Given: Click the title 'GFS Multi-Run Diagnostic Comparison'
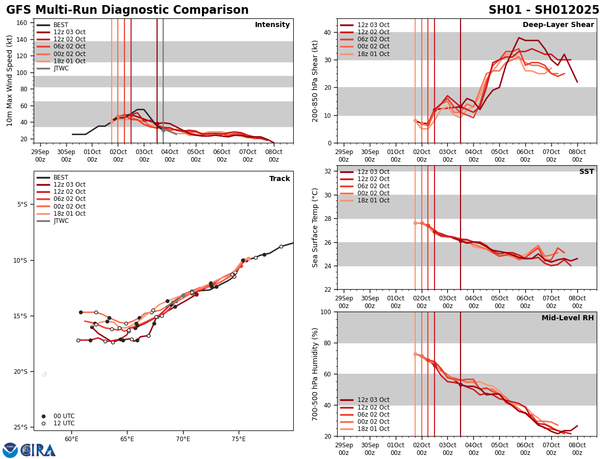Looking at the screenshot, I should (x=127, y=10).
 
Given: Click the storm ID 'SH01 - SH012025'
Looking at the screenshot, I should (x=544, y=10).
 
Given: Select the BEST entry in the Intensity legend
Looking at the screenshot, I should (x=60, y=25).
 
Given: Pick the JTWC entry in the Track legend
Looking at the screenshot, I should (x=61, y=221).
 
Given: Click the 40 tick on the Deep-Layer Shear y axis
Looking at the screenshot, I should (x=327, y=32).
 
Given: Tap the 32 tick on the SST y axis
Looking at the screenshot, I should (x=327, y=171).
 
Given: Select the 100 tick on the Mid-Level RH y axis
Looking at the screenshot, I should (x=325, y=312).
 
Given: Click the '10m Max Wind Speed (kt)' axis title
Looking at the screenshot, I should (x=10, y=81).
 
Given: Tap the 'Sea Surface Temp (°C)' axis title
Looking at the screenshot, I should (x=315, y=227).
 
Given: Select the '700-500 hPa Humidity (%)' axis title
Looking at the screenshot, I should (x=315, y=374).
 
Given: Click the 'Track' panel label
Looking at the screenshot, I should (x=279, y=178).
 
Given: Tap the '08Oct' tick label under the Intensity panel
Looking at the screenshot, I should (x=274, y=156).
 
